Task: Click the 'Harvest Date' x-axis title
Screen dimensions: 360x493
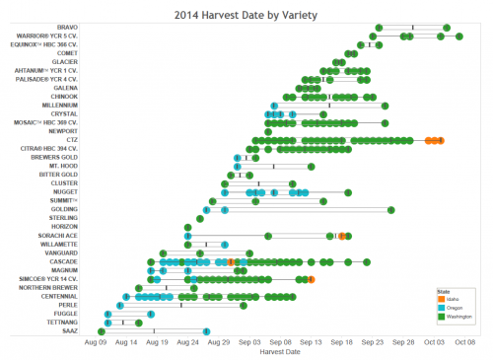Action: coord(279,351)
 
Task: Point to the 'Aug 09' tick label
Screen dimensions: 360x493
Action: coord(96,341)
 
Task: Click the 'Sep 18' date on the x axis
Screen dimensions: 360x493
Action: coord(342,341)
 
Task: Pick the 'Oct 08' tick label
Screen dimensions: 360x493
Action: coord(465,341)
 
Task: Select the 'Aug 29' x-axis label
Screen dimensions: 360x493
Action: coord(219,341)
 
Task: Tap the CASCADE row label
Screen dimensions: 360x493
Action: coord(64,261)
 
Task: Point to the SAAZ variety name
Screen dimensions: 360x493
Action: coord(69,330)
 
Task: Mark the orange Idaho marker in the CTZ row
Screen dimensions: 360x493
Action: coord(435,141)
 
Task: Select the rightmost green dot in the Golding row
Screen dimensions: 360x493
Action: coord(391,209)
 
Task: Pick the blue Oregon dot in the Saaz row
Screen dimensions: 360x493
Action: coord(206,330)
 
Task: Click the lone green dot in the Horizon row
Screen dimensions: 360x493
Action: coord(187,227)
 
